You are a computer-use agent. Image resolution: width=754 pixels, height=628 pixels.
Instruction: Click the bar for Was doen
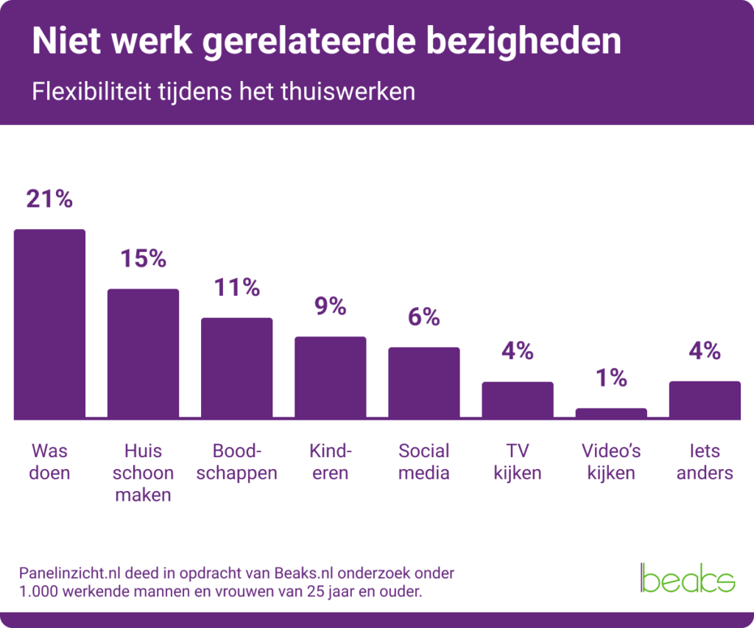coord(49,324)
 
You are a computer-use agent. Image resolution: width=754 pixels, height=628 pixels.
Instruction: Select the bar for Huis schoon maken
coord(143,353)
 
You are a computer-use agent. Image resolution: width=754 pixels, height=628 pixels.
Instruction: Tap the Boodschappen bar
coord(236,368)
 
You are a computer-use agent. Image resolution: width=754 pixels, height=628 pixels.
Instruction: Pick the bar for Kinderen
coord(330,378)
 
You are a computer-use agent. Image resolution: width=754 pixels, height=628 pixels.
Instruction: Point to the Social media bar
coord(423,383)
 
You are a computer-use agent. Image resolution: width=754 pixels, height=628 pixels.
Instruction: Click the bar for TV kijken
coord(517,400)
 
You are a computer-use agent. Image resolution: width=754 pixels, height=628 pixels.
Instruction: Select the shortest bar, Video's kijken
coord(610,413)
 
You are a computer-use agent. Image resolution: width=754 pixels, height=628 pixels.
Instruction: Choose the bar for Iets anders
coord(704,400)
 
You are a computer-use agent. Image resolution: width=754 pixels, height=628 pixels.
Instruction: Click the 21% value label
coord(49,199)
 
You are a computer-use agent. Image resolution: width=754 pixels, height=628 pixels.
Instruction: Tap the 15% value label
coord(143,258)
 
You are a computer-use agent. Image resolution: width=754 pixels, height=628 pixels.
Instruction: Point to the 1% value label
coord(610,378)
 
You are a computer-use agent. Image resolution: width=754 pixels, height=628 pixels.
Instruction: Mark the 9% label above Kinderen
coord(330,306)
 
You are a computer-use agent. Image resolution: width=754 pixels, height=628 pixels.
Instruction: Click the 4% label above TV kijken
coord(517,351)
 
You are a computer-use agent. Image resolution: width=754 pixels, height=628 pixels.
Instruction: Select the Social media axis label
coord(423,462)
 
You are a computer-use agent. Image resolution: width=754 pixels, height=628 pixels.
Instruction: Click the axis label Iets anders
coord(704,462)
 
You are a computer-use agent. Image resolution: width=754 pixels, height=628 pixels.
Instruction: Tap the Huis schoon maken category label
coord(143,473)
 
